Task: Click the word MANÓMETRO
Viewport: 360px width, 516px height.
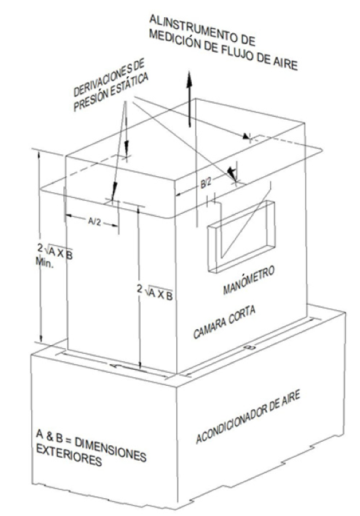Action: coord(248,280)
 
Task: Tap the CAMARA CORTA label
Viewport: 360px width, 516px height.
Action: coord(224,322)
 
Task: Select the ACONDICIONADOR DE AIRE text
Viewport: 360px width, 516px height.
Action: coord(248,416)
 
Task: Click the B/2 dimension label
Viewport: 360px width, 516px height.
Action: coord(206,183)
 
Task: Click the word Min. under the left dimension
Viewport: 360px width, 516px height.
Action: coord(44,263)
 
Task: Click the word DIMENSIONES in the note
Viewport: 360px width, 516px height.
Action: coord(110,448)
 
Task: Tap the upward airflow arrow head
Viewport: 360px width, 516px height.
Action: coord(189,79)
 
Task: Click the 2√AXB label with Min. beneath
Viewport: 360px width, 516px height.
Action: coord(54,256)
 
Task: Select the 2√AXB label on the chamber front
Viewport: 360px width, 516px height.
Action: coord(155,292)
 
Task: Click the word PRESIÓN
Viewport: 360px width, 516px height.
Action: coord(90,100)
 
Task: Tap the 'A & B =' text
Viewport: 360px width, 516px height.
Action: coord(53,436)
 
